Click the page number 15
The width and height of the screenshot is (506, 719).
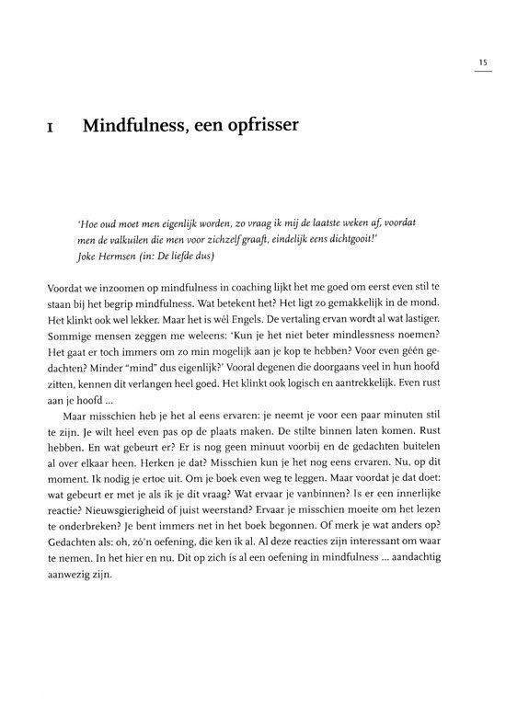(483, 63)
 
